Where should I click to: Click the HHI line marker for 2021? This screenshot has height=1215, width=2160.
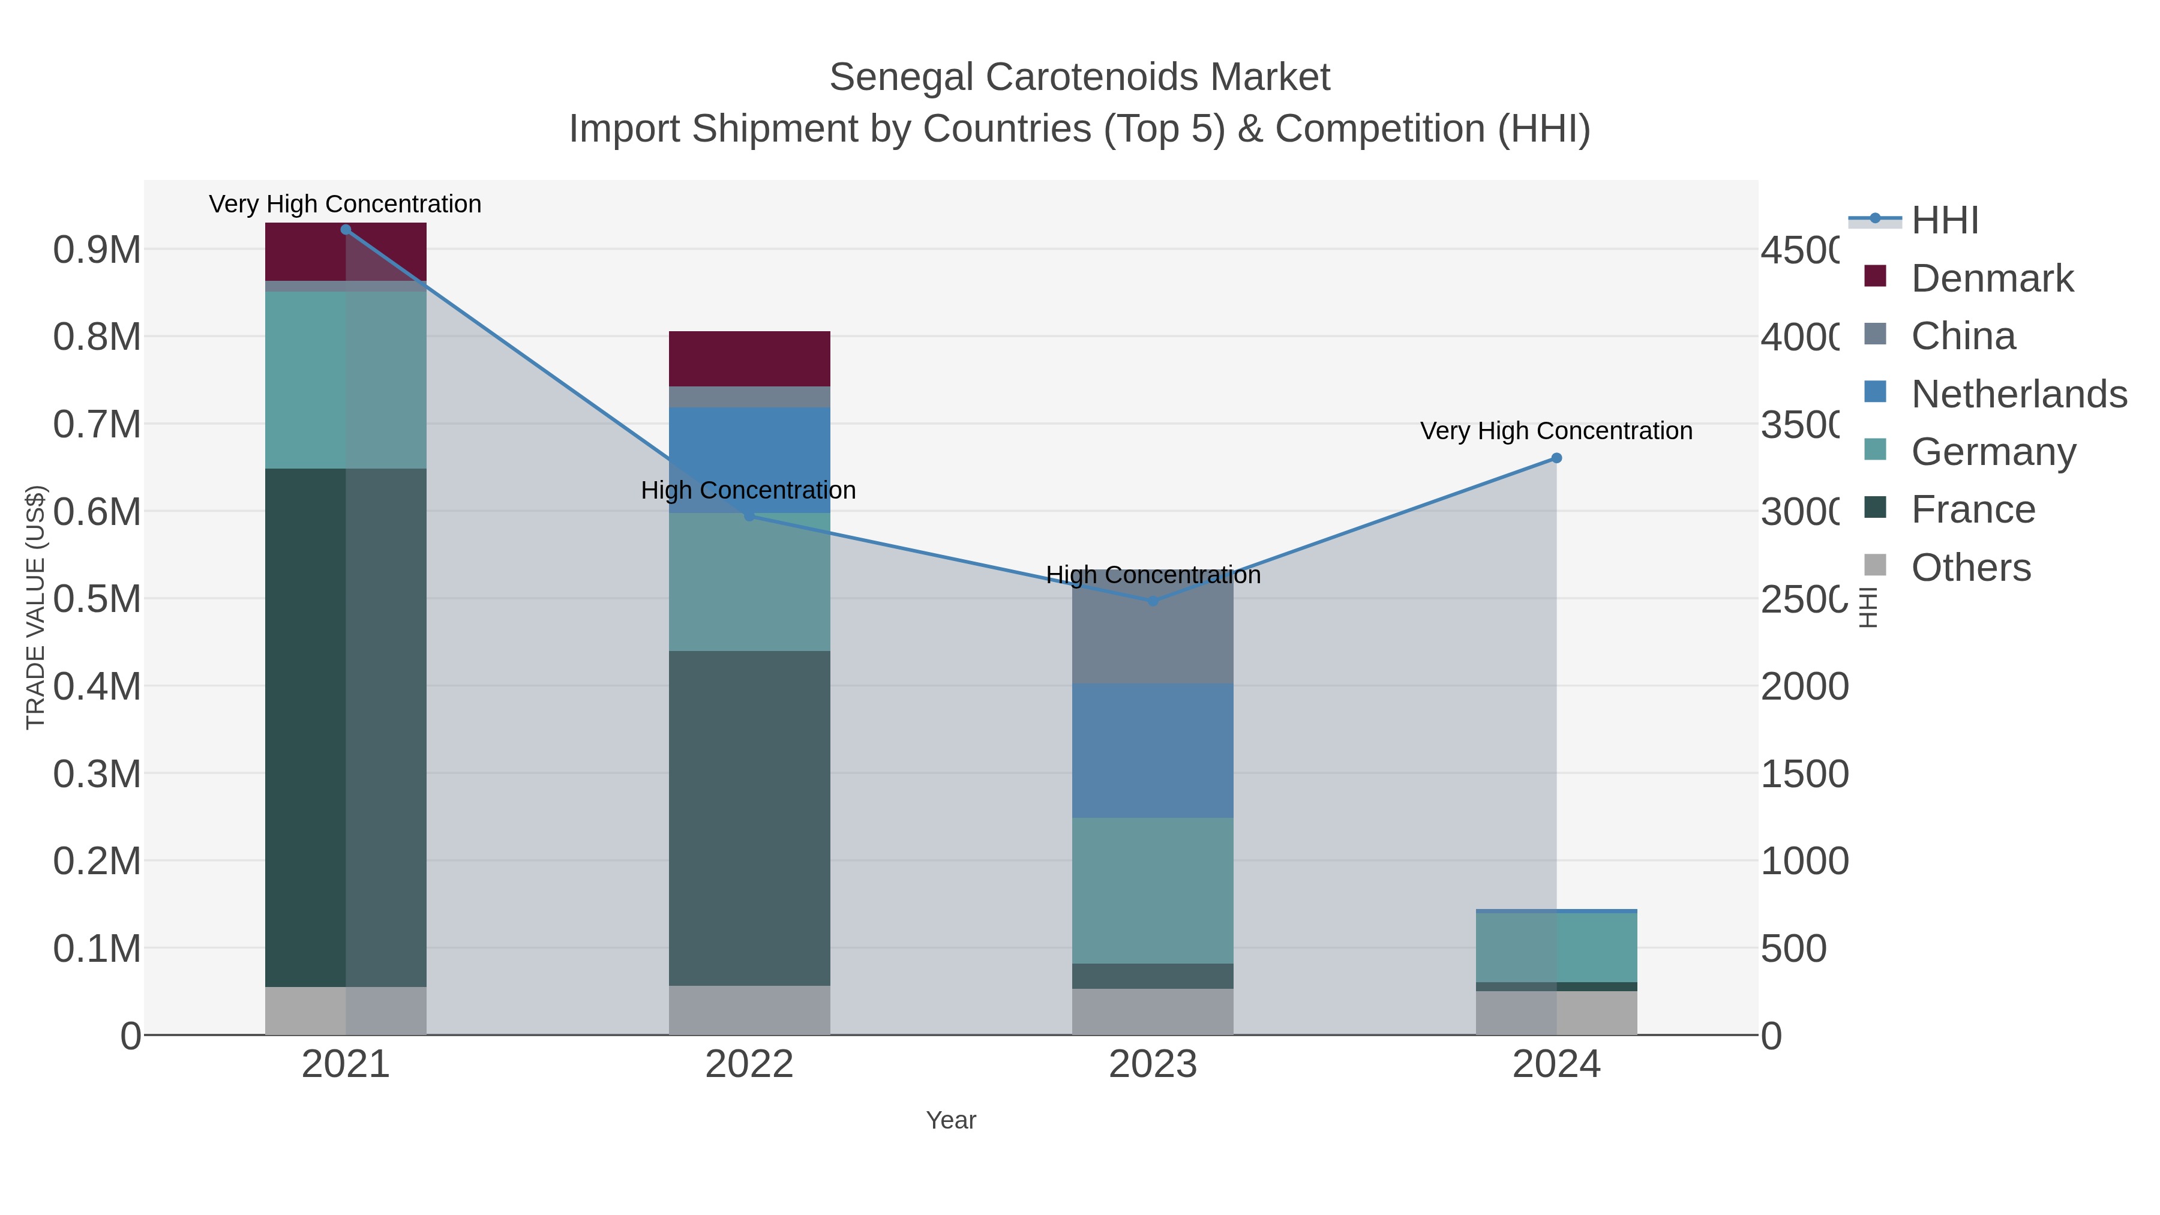346,230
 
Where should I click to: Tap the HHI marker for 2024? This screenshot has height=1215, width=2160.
1556,458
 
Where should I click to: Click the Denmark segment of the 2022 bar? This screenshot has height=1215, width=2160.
749,359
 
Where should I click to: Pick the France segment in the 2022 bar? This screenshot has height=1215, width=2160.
749,818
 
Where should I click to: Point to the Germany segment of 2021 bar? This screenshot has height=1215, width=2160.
346,380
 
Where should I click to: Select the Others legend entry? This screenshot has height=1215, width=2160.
1970,568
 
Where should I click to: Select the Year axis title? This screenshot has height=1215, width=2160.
951,1120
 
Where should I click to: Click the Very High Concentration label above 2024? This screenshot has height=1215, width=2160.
1556,431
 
